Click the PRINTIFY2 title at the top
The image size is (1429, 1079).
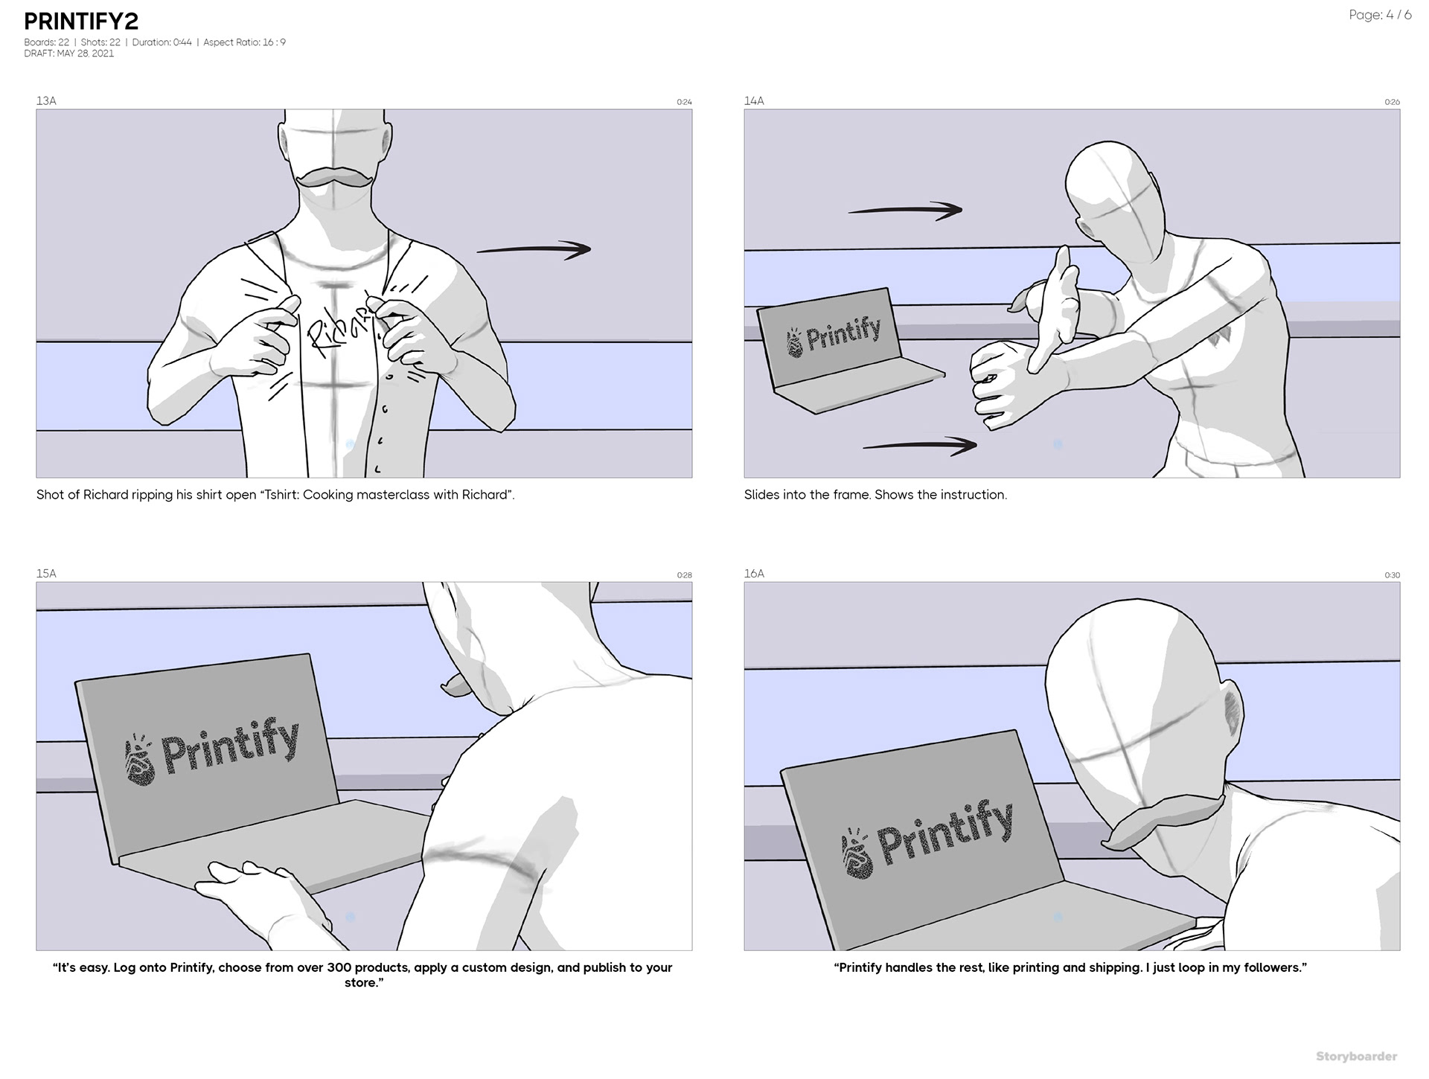[x=81, y=22]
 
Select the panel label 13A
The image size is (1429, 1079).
[x=46, y=100]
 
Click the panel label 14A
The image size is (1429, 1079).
[x=754, y=100]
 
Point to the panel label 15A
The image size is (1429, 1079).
[x=46, y=573]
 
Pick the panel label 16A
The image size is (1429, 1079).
[x=754, y=573]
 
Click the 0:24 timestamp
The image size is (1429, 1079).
[x=684, y=102]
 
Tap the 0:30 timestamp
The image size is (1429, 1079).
[x=1392, y=574]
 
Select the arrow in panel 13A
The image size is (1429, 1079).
[x=533, y=249]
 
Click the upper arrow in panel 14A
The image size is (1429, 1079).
[x=905, y=210]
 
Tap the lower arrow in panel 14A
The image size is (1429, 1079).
[x=920, y=446]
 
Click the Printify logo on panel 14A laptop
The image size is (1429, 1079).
[x=834, y=335]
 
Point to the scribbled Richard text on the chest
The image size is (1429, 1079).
[x=339, y=328]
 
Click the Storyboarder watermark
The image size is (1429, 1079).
[x=1356, y=1056]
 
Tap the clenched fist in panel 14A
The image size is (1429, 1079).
[x=1001, y=384]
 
